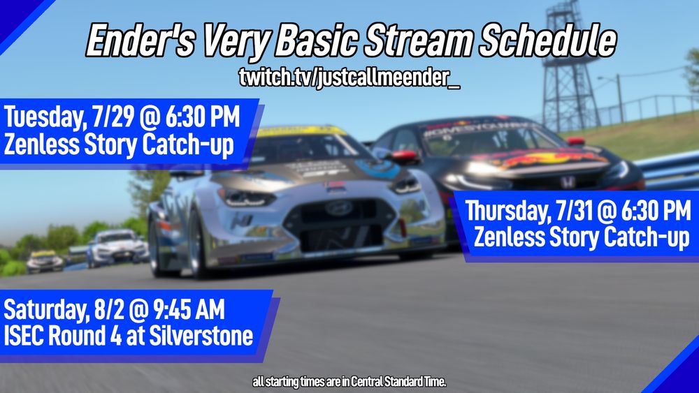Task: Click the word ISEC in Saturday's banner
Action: point(24,337)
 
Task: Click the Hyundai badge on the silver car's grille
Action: point(338,207)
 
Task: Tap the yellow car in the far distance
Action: point(44,260)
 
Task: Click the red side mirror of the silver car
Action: point(403,156)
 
